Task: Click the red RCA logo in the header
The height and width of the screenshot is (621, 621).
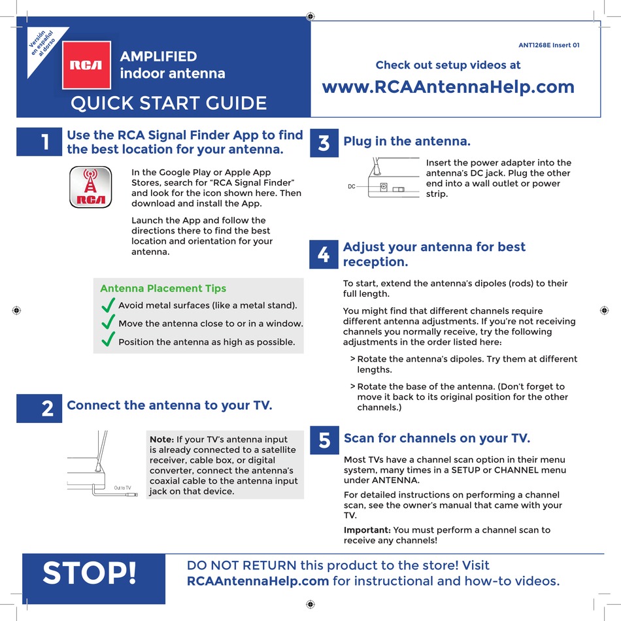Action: pyautogui.click(x=86, y=65)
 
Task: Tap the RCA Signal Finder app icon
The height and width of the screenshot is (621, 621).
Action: pyautogui.click(x=88, y=186)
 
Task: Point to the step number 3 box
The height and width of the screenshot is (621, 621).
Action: pyautogui.click(x=324, y=143)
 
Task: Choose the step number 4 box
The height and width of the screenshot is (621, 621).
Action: pyautogui.click(x=324, y=254)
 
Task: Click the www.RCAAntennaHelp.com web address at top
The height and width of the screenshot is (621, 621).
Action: pyautogui.click(x=448, y=87)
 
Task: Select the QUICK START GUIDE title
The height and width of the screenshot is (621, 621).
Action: pyautogui.click(x=168, y=103)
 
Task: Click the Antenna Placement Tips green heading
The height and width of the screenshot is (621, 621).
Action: pyautogui.click(x=163, y=288)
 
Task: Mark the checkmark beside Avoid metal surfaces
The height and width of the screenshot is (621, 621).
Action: pyautogui.click(x=109, y=305)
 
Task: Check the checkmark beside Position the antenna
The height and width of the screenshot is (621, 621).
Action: pyautogui.click(x=109, y=341)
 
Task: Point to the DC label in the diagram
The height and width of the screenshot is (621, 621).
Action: pyautogui.click(x=351, y=187)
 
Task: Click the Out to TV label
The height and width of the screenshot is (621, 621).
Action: pyautogui.click(x=122, y=488)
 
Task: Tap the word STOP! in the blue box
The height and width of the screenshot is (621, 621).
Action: pyautogui.click(x=90, y=573)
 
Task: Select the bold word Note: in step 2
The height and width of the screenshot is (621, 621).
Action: pyautogui.click(x=161, y=440)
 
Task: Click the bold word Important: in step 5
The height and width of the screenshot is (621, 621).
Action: pyautogui.click(x=367, y=530)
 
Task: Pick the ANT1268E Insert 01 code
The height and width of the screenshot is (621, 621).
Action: pyautogui.click(x=548, y=45)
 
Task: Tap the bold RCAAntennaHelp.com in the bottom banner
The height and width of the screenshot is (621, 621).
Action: pyautogui.click(x=258, y=580)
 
